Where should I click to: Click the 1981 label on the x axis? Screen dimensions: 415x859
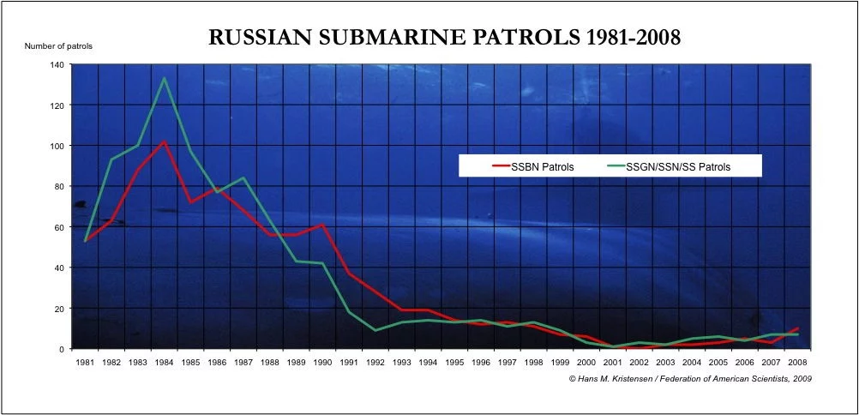point(84,363)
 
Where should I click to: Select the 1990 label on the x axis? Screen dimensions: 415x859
point(322,363)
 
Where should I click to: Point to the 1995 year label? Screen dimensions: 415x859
point(454,363)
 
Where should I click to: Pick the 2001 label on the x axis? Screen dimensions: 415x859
point(613,363)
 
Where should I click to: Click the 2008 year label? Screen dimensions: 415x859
point(798,363)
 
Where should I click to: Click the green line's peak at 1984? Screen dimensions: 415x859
point(164,79)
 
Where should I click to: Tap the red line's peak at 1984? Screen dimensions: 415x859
point(164,141)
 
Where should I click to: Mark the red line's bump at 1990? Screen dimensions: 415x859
point(322,225)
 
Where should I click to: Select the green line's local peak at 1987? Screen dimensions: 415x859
point(243,178)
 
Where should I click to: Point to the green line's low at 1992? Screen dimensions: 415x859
point(375,330)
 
